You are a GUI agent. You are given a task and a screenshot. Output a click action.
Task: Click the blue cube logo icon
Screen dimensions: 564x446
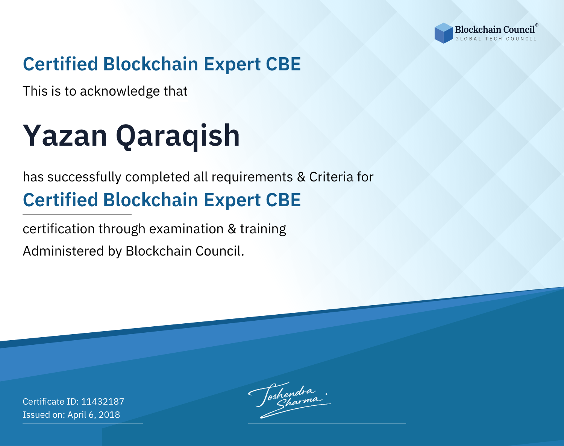[x=443, y=33]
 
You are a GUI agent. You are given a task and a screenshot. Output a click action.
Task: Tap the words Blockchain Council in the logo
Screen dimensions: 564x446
[x=495, y=30]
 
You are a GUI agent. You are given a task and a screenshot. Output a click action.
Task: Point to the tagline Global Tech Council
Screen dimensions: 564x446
[x=496, y=39]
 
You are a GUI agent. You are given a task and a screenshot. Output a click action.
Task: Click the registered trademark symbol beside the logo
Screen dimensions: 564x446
[x=537, y=25]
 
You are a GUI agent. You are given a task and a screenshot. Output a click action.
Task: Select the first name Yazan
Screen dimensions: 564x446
[x=65, y=135]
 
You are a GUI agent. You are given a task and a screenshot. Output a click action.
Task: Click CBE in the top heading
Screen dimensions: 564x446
[x=283, y=64]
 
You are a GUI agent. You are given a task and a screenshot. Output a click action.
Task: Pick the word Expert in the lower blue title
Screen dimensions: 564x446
[x=232, y=201]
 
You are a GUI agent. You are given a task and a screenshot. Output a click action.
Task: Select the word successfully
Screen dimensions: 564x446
[x=84, y=177]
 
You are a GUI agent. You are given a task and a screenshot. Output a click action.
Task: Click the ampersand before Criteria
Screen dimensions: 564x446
[x=302, y=177]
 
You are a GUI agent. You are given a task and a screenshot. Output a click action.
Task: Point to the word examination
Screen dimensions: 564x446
[x=186, y=229]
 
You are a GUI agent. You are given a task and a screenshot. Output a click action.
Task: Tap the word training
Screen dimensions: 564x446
[x=263, y=229]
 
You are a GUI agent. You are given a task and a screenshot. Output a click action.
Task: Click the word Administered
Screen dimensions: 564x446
[x=64, y=251]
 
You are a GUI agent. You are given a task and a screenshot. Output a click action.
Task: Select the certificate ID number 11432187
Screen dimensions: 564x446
[x=103, y=401]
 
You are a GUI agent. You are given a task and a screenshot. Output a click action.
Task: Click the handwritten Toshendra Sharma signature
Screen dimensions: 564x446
[x=290, y=400]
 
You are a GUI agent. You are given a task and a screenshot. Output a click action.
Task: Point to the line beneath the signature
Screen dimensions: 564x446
[x=327, y=423]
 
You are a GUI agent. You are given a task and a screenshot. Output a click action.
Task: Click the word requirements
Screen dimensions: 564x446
[x=252, y=177]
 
